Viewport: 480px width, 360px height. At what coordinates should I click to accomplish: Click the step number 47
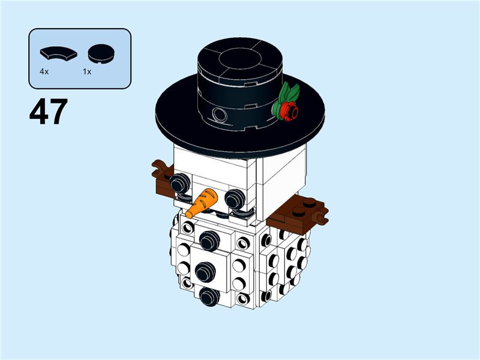(48, 112)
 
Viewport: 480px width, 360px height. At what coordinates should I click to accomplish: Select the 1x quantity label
(87, 71)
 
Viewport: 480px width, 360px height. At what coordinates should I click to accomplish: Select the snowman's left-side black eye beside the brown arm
(178, 183)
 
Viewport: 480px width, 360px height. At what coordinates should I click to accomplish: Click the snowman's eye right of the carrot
(235, 197)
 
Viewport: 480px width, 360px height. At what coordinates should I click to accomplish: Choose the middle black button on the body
(206, 271)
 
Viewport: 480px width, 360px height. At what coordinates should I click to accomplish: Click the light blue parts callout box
(80, 59)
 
